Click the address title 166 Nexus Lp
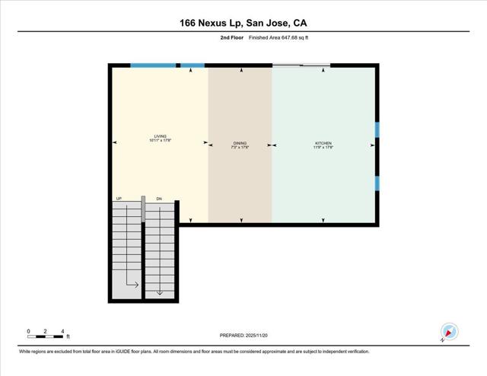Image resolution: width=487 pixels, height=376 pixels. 243,23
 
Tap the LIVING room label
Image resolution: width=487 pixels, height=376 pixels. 160,136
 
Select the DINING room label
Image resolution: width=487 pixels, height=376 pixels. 240,142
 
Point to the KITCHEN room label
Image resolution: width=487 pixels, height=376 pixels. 324,142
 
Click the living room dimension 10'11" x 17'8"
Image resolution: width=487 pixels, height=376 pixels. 160,141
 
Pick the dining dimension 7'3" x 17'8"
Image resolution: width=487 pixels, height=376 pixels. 240,147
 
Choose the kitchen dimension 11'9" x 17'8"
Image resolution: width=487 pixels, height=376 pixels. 324,147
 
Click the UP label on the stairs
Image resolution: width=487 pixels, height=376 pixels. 119,199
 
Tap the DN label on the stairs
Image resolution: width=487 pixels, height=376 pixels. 159,199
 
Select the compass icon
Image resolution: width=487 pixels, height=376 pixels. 449,333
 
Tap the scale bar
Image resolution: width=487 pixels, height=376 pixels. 46,336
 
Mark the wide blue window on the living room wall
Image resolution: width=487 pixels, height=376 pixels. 153,65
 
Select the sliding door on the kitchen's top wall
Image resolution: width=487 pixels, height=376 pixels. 301,65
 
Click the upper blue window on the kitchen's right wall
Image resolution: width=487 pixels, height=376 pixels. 377,129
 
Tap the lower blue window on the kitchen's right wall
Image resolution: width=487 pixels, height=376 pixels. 377,183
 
